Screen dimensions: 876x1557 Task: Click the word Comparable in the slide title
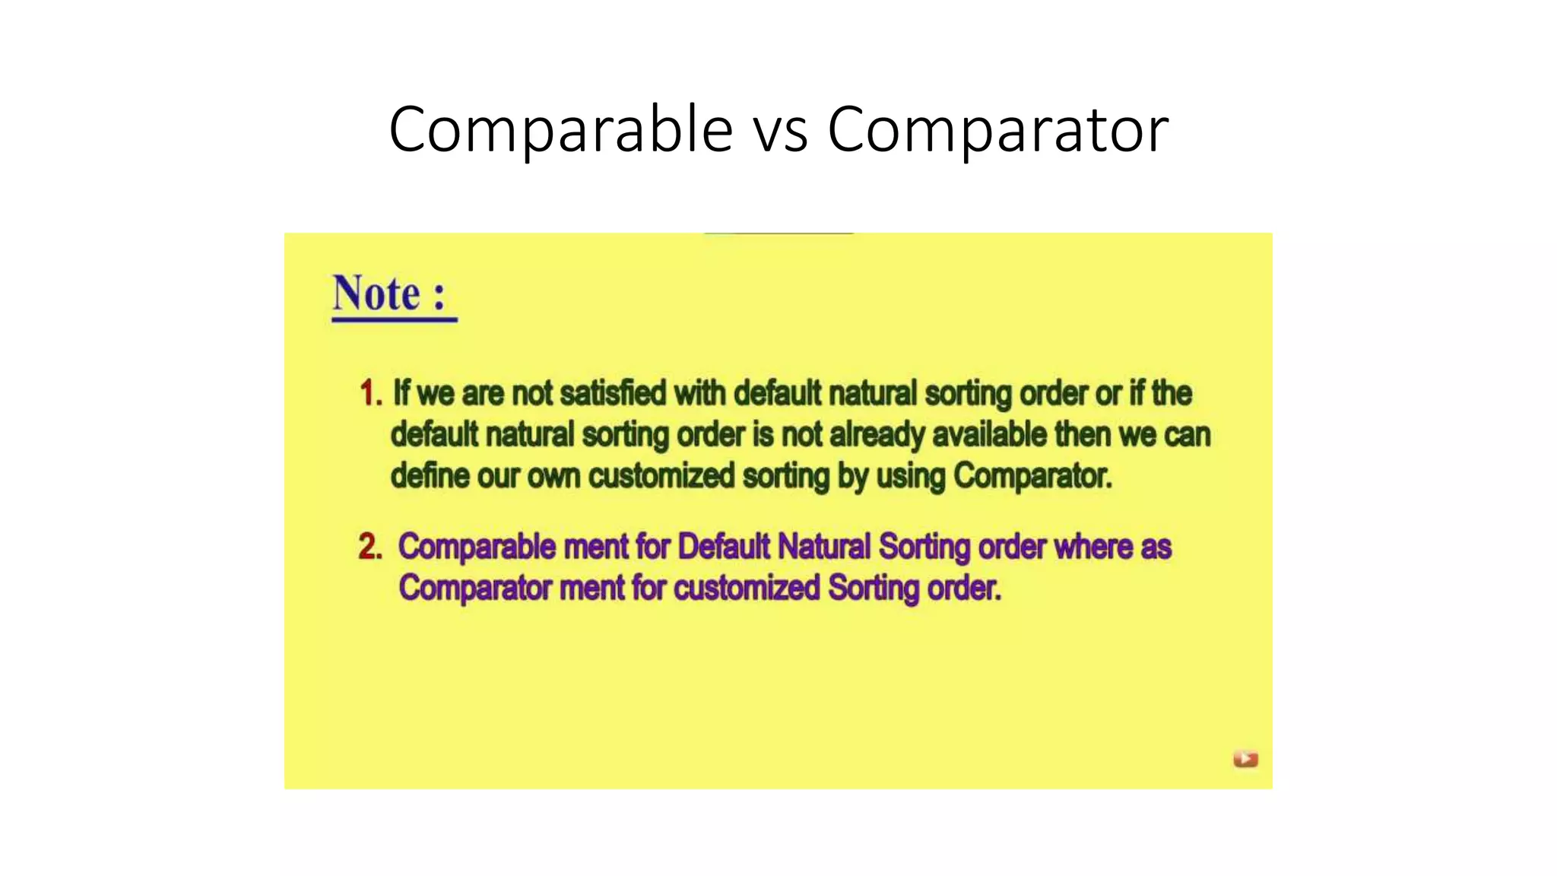(560, 130)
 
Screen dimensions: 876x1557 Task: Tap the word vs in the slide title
(780, 132)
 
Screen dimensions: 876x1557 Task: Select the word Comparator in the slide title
(997, 130)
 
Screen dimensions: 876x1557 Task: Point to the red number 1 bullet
(370, 393)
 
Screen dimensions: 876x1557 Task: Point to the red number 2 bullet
(369, 547)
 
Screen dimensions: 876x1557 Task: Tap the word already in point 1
(877, 435)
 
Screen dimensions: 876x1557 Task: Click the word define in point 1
(430, 476)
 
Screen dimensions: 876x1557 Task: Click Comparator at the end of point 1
(1032, 476)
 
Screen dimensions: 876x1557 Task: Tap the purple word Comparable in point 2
(477, 547)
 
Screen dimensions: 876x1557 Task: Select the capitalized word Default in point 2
(723, 547)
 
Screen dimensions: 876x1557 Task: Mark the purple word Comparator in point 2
(474, 588)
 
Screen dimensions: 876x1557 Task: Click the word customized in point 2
(747, 588)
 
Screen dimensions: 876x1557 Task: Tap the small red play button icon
(1245, 759)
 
